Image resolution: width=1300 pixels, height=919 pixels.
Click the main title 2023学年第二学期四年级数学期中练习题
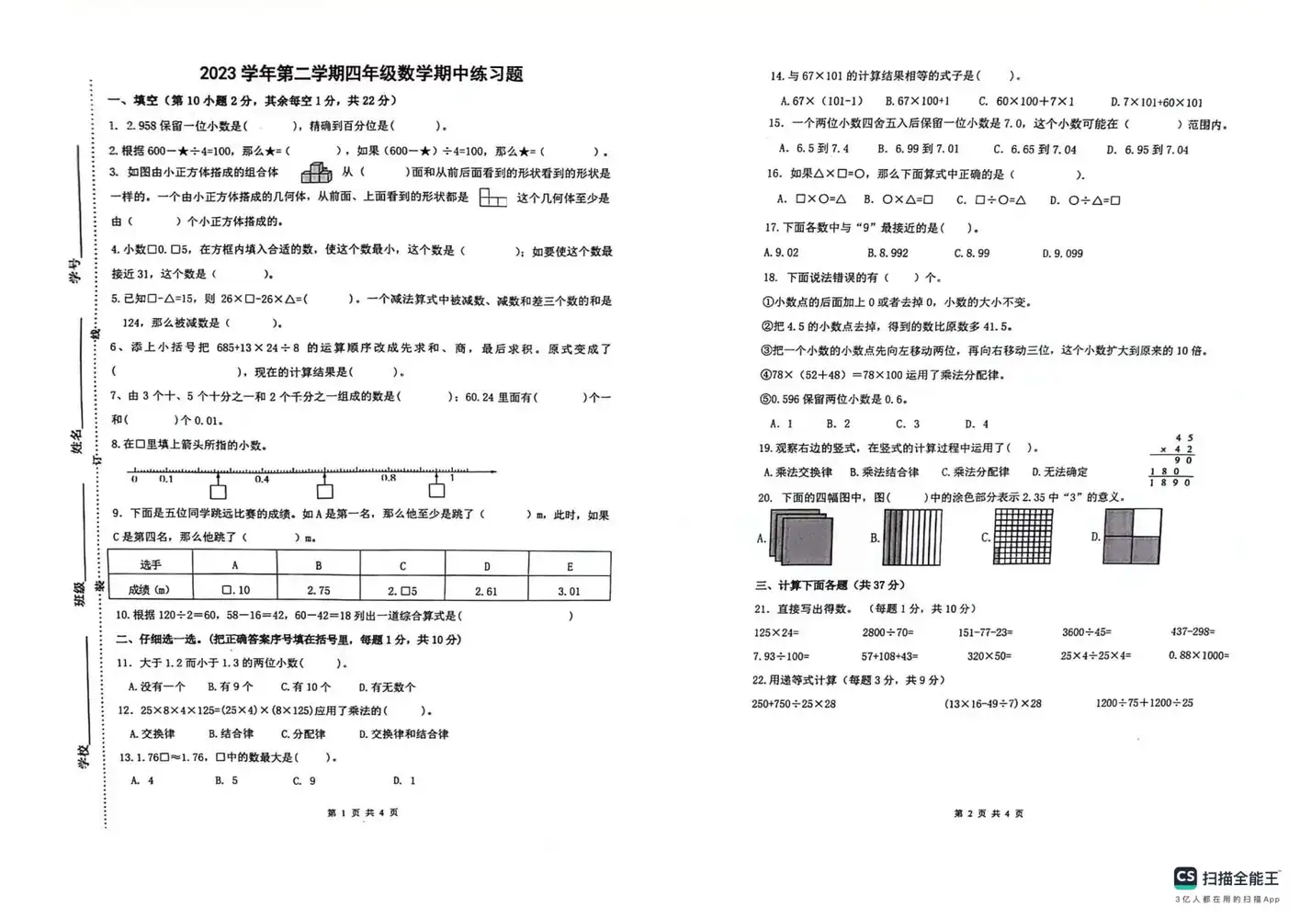[x=361, y=74]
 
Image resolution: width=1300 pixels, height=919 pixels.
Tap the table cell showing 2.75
[x=318, y=590]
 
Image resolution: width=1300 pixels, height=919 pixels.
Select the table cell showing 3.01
[x=569, y=591]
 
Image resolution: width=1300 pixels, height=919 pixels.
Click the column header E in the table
[x=570, y=565]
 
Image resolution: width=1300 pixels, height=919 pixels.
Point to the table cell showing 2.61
[x=486, y=591]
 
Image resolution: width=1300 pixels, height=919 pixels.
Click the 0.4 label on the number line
[x=263, y=479]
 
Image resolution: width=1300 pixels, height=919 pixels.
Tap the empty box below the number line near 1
[x=436, y=491]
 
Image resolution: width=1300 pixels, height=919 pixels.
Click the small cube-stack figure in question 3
[x=315, y=172]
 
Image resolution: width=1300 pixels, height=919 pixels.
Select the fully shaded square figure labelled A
[x=804, y=539]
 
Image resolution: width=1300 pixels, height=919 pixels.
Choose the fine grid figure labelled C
[x=1023, y=537]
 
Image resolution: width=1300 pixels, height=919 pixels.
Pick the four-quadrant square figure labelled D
[x=1132, y=537]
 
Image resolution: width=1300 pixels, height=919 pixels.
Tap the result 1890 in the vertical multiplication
[x=1170, y=482]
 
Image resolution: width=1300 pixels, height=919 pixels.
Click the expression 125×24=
[x=776, y=632]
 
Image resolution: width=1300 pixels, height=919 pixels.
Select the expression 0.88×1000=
[x=1198, y=655]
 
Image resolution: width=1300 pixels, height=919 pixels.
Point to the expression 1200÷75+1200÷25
[x=1144, y=703]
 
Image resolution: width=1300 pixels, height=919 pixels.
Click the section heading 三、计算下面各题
[x=830, y=585]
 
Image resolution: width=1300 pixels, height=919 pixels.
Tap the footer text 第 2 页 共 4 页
[x=989, y=813]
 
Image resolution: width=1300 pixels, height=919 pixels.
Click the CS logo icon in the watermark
[x=1185, y=877]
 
